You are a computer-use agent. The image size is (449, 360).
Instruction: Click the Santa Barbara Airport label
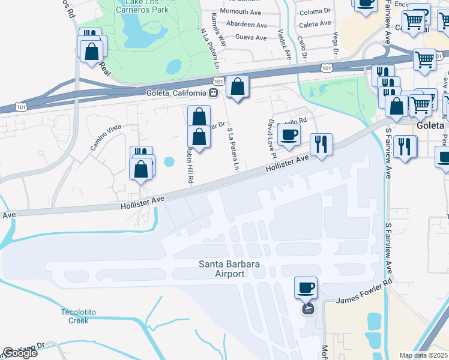221,269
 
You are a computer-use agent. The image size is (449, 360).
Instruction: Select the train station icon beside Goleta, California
212,93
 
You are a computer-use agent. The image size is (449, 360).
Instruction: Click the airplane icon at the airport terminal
308,308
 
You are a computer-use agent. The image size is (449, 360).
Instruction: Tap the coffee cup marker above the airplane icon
306,287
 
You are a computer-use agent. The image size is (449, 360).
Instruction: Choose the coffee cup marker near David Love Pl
289,134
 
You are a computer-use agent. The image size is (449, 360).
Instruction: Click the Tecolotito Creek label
74,316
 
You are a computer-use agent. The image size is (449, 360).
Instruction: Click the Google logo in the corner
20,353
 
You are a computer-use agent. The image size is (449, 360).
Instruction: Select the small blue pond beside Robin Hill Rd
169,161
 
